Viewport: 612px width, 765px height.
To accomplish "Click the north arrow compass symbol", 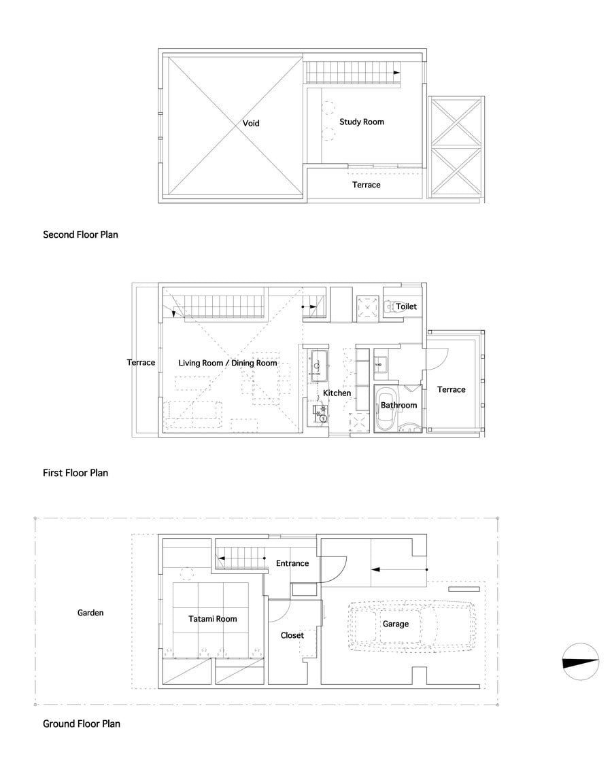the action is pos(581,662).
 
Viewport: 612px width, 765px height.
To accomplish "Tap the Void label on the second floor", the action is pos(251,124).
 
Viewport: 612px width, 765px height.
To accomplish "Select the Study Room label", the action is pos(362,122).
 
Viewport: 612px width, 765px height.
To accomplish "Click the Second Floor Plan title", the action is pos(81,234).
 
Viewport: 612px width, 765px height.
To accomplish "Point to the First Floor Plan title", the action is pos(75,473).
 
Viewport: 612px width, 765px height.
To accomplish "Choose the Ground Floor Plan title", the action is pos(82,724).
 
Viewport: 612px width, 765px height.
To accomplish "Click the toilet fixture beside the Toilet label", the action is pos(389,306).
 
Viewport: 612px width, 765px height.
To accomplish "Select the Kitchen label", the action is pos(337,393).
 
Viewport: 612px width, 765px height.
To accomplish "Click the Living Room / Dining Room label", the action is pos(228,363).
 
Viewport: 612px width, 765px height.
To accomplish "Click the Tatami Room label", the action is pos(213,619).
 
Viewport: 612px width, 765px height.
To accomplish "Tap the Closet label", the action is pos(292,635).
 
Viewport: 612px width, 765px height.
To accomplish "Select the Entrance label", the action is pos(292,563).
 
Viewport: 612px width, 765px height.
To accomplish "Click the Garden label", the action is pos(90,613).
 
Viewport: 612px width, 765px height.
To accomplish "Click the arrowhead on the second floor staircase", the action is pos(396,73).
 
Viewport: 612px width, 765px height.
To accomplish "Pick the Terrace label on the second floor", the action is pos(367,185).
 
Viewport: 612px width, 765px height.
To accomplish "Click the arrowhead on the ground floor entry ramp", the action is pos(375,569).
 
